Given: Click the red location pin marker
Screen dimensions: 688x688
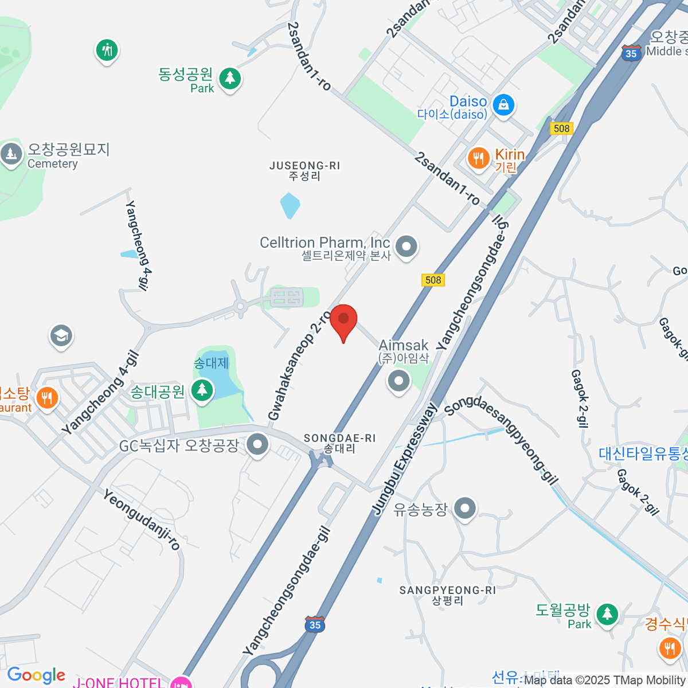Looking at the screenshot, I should (x=343, y=320).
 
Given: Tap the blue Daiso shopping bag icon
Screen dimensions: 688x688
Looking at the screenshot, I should (x=503, y=105).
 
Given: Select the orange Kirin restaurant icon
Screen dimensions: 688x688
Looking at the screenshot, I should (x=478, y=158).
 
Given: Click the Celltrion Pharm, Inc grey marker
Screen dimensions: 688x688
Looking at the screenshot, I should (x=406, y=247).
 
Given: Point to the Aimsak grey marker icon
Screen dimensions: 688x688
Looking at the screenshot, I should (x=398, y=381).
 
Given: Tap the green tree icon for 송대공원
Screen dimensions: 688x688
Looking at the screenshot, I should (x=201, y=390).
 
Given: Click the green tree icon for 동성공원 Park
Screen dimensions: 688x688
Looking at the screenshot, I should (x=230, y=77).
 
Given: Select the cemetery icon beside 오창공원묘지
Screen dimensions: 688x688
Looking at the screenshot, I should (x=11, y=154).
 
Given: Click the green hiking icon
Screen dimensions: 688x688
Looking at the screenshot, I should (x=106, y=50).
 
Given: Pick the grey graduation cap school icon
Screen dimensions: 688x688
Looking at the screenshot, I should (x=61, y=336).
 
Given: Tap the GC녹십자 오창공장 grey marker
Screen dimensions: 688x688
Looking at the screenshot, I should (x=257, y=444).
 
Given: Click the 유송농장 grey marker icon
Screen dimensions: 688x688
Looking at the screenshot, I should (x=464, y=508).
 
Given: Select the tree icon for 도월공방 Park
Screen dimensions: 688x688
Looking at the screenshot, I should (x=607, y=615).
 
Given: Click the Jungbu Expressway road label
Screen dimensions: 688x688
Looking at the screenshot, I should (x=405, y=459).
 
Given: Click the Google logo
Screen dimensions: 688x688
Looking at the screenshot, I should (x=36, y=675).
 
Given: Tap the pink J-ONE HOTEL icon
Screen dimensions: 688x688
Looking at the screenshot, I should (x=182, y=682).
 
